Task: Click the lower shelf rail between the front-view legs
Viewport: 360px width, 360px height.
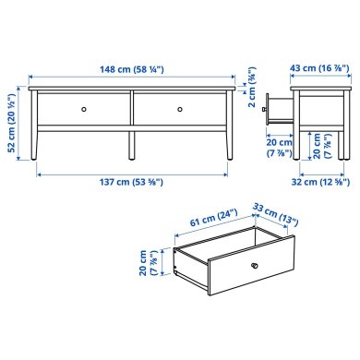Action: tap(131, 131)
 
